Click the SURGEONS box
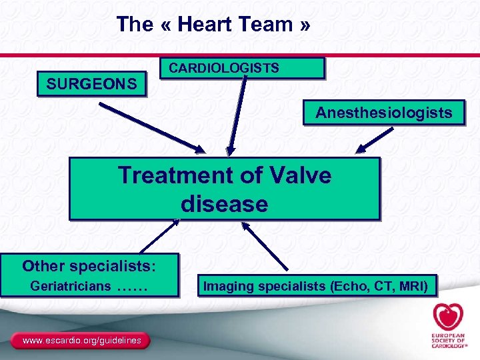91,85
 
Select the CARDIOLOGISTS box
243,68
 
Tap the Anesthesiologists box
383,113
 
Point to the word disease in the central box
224,204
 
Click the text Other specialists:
89,266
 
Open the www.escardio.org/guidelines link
82,341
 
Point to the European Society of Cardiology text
447,341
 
